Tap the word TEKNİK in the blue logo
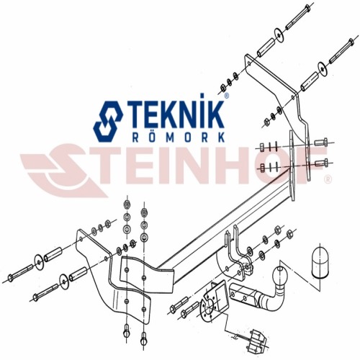pos(176,114)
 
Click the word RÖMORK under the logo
pos(179,138)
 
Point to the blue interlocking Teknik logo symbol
pos(108,121)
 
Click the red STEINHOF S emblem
pos(63,171)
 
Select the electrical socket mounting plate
pos(214,302)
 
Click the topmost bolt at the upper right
pos(298,17)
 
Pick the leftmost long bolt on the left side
pos(21,271)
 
